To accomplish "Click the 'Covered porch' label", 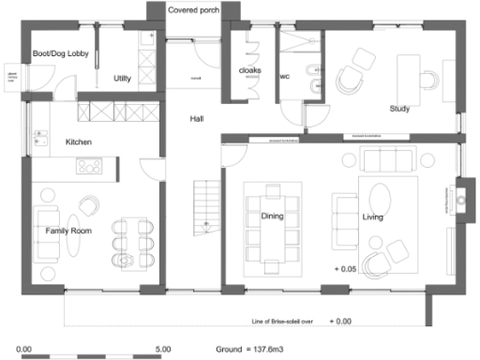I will [x=194, y=10].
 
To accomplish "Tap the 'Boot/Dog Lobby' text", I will [x=60, y=54].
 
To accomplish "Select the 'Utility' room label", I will [x=121, y=78].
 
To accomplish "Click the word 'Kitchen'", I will [x=78, y=142].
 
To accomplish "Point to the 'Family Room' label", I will [x=67, y=229].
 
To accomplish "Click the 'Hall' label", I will [x=197, y=119].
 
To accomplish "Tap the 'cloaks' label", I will [x=249, y=71].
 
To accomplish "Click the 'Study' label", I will [x=399, y=108].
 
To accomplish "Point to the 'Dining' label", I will [x=273, y=217].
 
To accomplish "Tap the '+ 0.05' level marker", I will [x=346, y=269].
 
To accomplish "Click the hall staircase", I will [x=204, y=208].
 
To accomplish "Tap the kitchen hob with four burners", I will [x=90, y=166].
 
